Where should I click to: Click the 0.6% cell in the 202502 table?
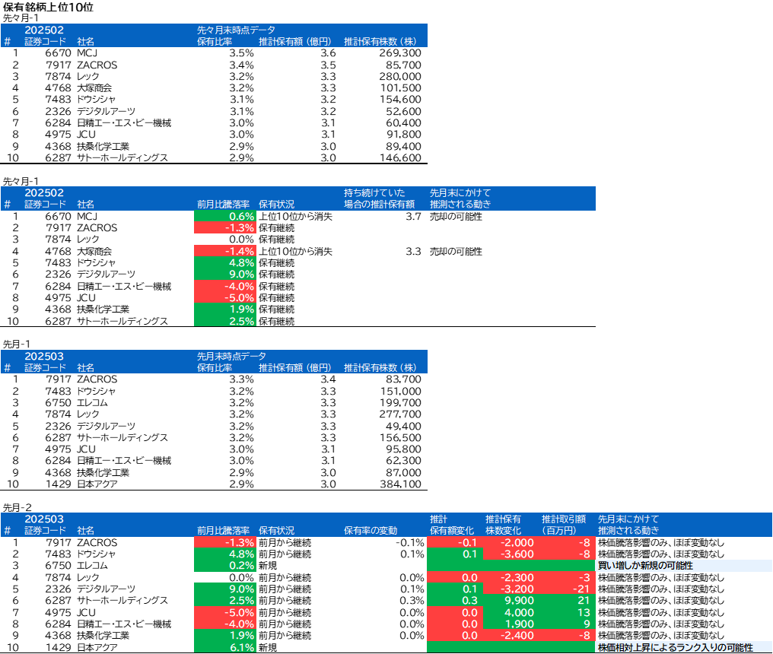pos(225,216)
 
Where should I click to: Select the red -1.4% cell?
pos(225,251)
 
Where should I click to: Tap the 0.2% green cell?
pos(225,566)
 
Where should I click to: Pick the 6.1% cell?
pos(225,647)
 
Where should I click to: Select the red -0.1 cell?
pos(455,542)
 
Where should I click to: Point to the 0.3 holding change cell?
pos(455,601)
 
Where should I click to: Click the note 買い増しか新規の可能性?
pos(645,566)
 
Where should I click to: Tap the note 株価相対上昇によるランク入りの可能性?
pos(675,647)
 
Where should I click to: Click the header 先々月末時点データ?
pos(236,30)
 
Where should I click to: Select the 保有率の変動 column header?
pos(371,531)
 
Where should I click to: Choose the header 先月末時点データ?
pos(231,356)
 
